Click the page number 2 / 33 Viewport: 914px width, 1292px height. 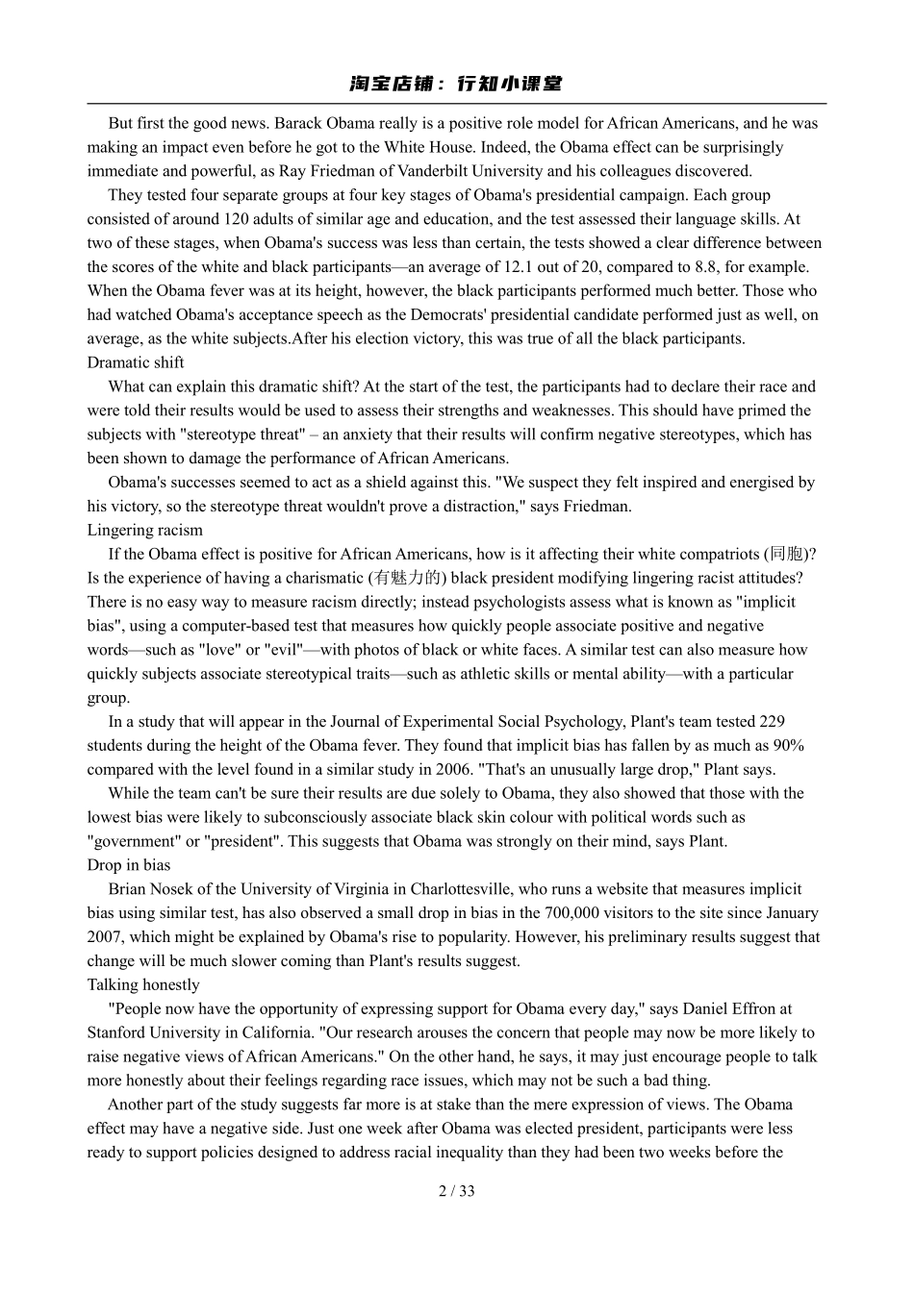[x=456, y=1191]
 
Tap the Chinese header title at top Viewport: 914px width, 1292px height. [x=456, y=85]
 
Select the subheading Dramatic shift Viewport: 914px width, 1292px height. [x=136, y=362]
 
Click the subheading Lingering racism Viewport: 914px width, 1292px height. [x=145, y=530]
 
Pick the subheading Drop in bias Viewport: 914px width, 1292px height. [x=129, y=865]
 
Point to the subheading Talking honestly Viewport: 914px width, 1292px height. [x=143, y=984]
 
